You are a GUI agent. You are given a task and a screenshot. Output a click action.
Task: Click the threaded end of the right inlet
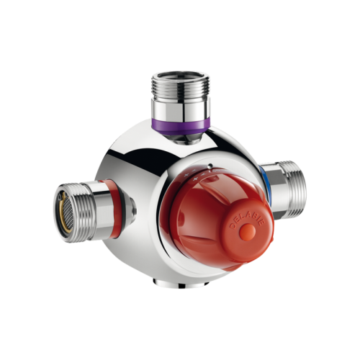[292, 189]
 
